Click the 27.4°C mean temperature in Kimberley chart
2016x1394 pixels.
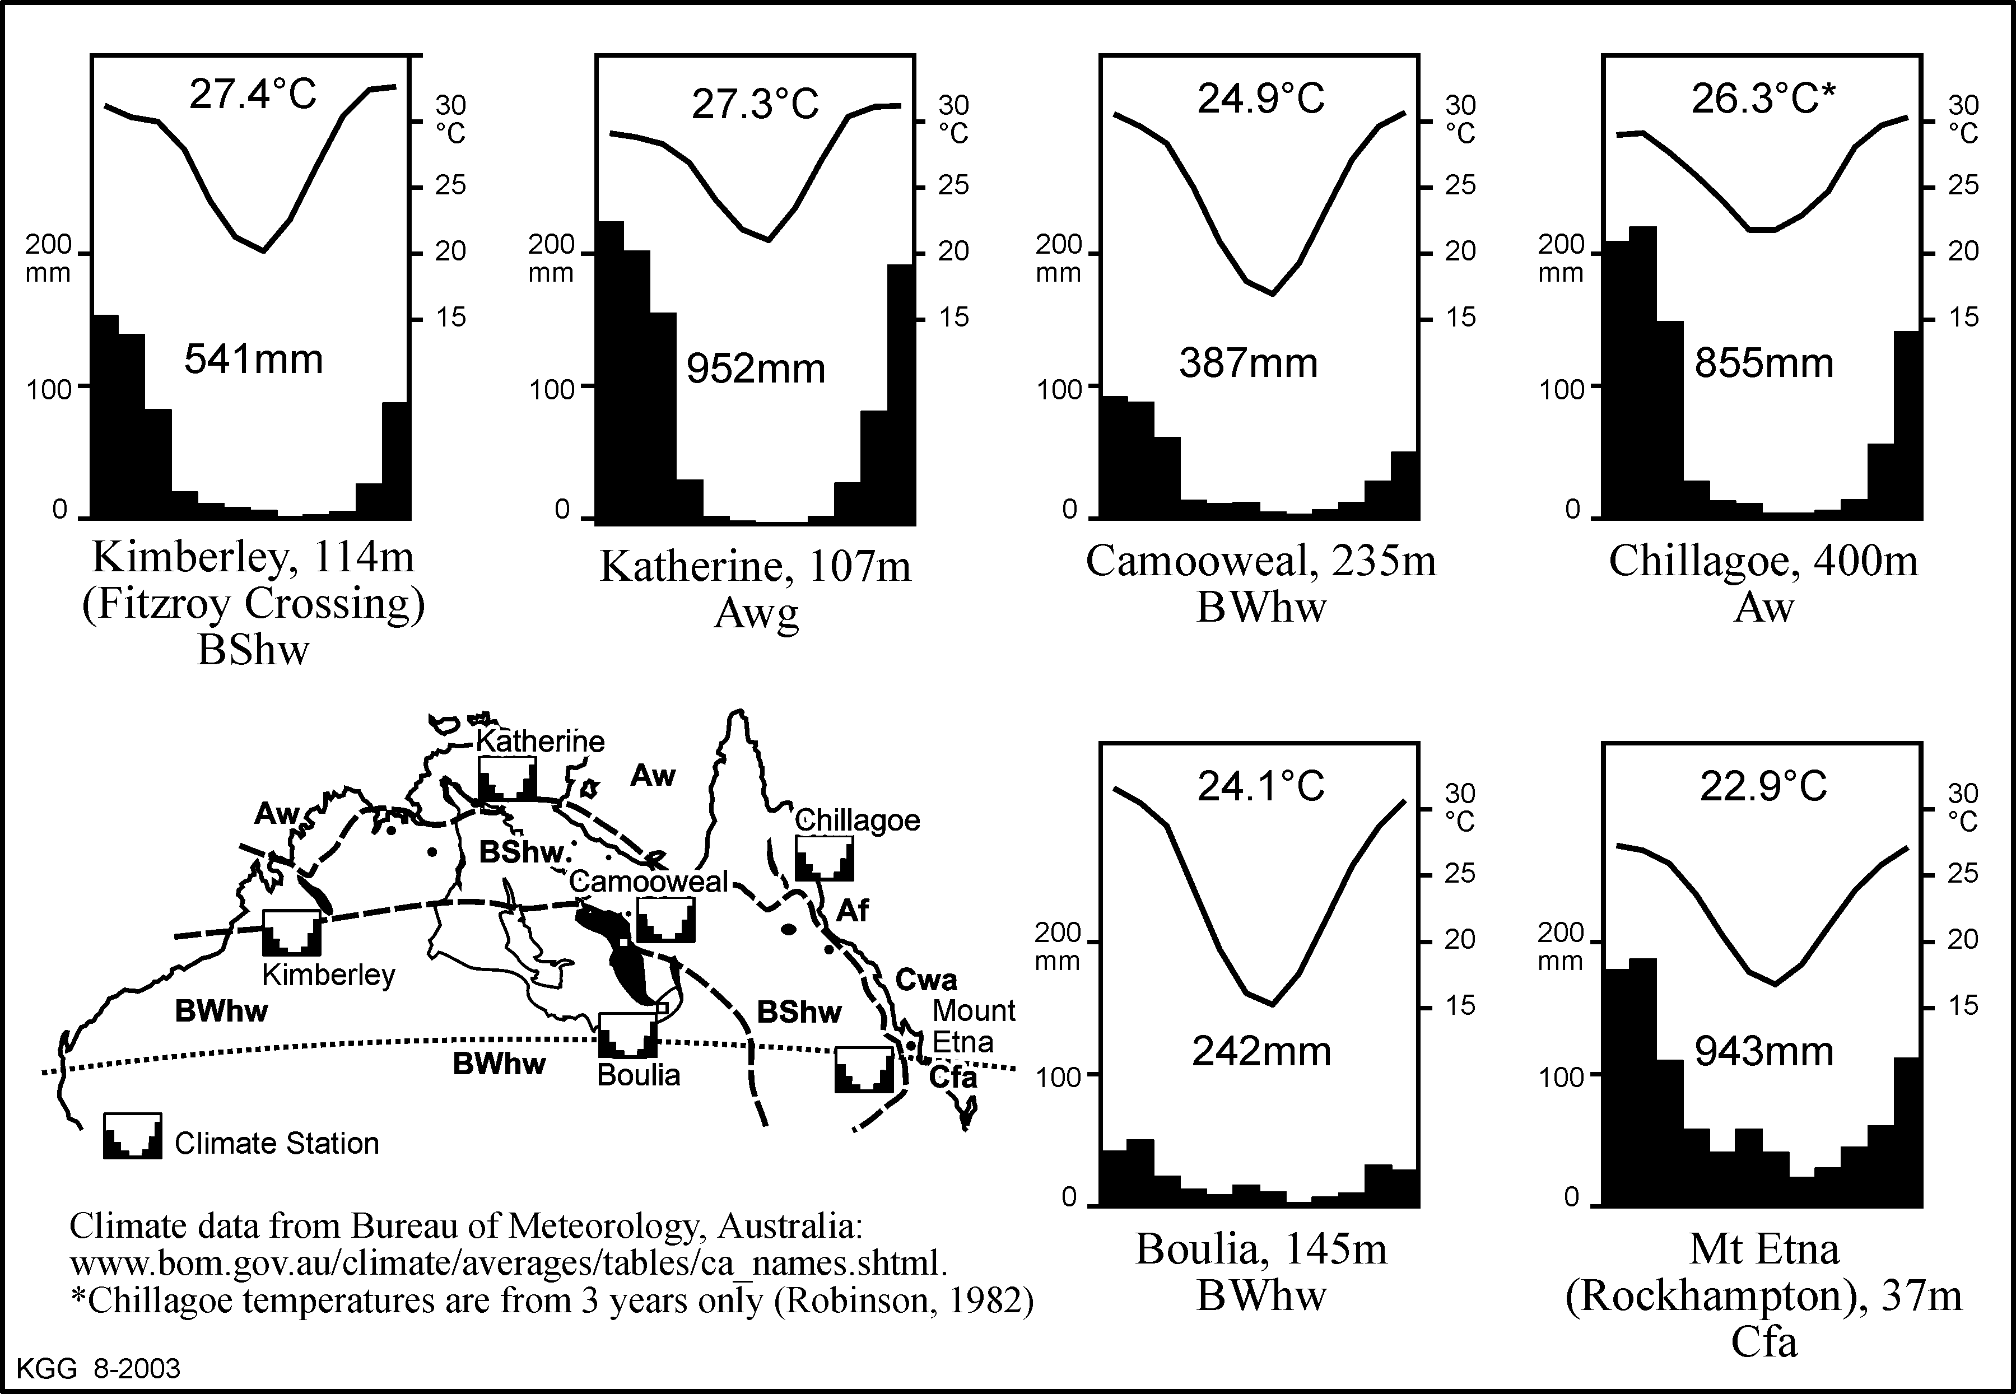click(253, 94)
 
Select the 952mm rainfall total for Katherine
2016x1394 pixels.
click(756, 369)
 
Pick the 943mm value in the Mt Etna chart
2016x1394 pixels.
click(1763, 1051)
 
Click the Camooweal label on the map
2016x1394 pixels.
click(648, 882)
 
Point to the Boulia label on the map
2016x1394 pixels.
click(639, 1075)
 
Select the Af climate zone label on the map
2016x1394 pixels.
click(853, 911)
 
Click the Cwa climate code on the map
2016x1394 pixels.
click(926, 980)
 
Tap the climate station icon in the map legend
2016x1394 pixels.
click(133, 1135)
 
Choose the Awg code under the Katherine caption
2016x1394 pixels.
click(756, 614)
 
